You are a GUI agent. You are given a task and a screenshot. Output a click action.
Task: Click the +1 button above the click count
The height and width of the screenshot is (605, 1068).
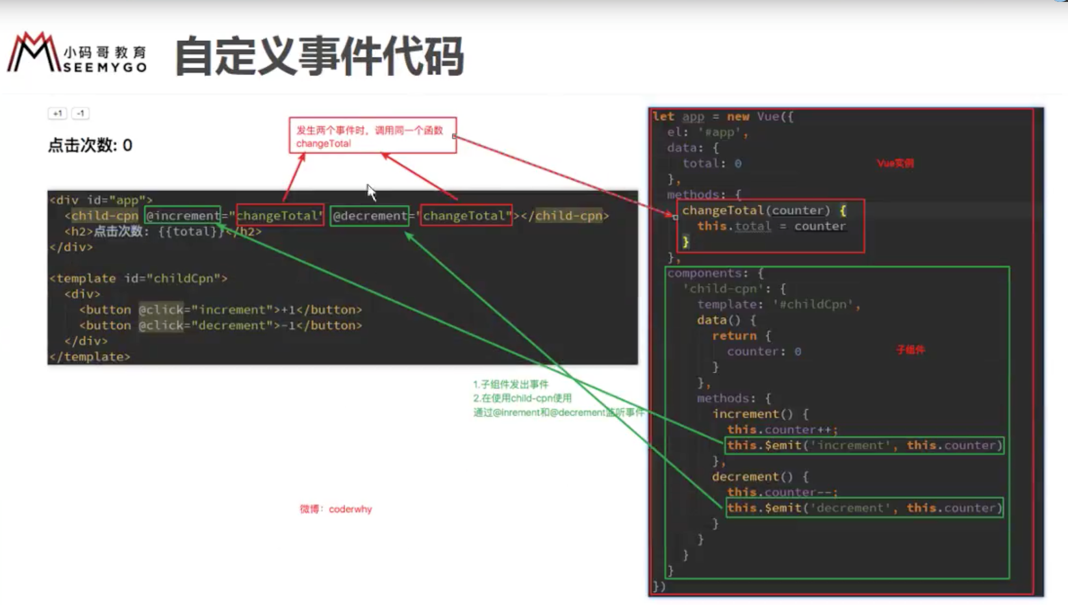coord(57,113)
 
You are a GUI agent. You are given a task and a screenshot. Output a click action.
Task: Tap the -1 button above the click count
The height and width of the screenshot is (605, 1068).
coord(80,113)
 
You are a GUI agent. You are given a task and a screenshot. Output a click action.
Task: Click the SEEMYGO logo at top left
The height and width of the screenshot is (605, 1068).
coord(77,53)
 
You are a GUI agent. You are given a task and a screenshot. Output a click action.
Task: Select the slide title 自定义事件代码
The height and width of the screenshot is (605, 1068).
coord(319,56)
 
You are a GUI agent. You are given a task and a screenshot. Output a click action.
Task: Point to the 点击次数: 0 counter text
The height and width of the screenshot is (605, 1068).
coord(90,145)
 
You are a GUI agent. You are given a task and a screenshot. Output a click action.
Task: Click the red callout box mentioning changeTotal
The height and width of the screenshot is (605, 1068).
coord(372,136)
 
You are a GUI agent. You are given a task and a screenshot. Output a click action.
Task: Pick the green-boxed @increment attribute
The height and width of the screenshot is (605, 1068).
coord(183,216)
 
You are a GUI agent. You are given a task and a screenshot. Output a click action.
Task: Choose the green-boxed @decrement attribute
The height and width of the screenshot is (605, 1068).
coord(370,216)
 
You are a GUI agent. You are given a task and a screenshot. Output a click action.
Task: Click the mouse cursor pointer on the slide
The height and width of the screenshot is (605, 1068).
coord(370,191)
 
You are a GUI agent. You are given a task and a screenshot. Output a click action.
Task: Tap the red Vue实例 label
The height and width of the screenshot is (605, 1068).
coord(895,163)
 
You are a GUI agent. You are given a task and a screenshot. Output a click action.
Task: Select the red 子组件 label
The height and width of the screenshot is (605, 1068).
coord(910,350)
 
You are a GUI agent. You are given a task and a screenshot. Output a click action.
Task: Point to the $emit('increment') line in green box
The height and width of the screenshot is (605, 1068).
coord(864,445)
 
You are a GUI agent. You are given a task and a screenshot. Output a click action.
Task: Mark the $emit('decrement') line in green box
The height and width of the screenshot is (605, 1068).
coord(864,508)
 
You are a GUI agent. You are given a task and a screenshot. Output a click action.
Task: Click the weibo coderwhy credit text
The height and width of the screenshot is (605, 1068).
coord(336,509)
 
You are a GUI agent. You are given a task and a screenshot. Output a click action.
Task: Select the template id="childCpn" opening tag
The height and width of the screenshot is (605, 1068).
coord(138,278)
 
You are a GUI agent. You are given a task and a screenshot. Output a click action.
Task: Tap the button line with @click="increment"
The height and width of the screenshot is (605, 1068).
coord(220,309)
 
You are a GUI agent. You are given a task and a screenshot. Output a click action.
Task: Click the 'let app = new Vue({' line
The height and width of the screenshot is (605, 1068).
coord(723,116)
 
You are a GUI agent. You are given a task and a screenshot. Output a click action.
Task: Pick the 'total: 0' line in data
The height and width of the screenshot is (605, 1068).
coord(712,164)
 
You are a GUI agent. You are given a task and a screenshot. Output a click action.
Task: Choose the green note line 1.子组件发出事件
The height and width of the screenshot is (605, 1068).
coord(511,384)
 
